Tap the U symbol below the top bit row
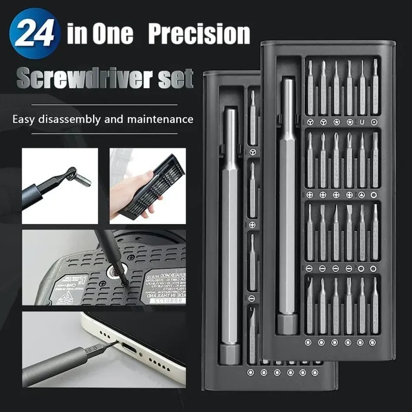point(362,122)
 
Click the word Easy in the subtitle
point(26,119)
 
